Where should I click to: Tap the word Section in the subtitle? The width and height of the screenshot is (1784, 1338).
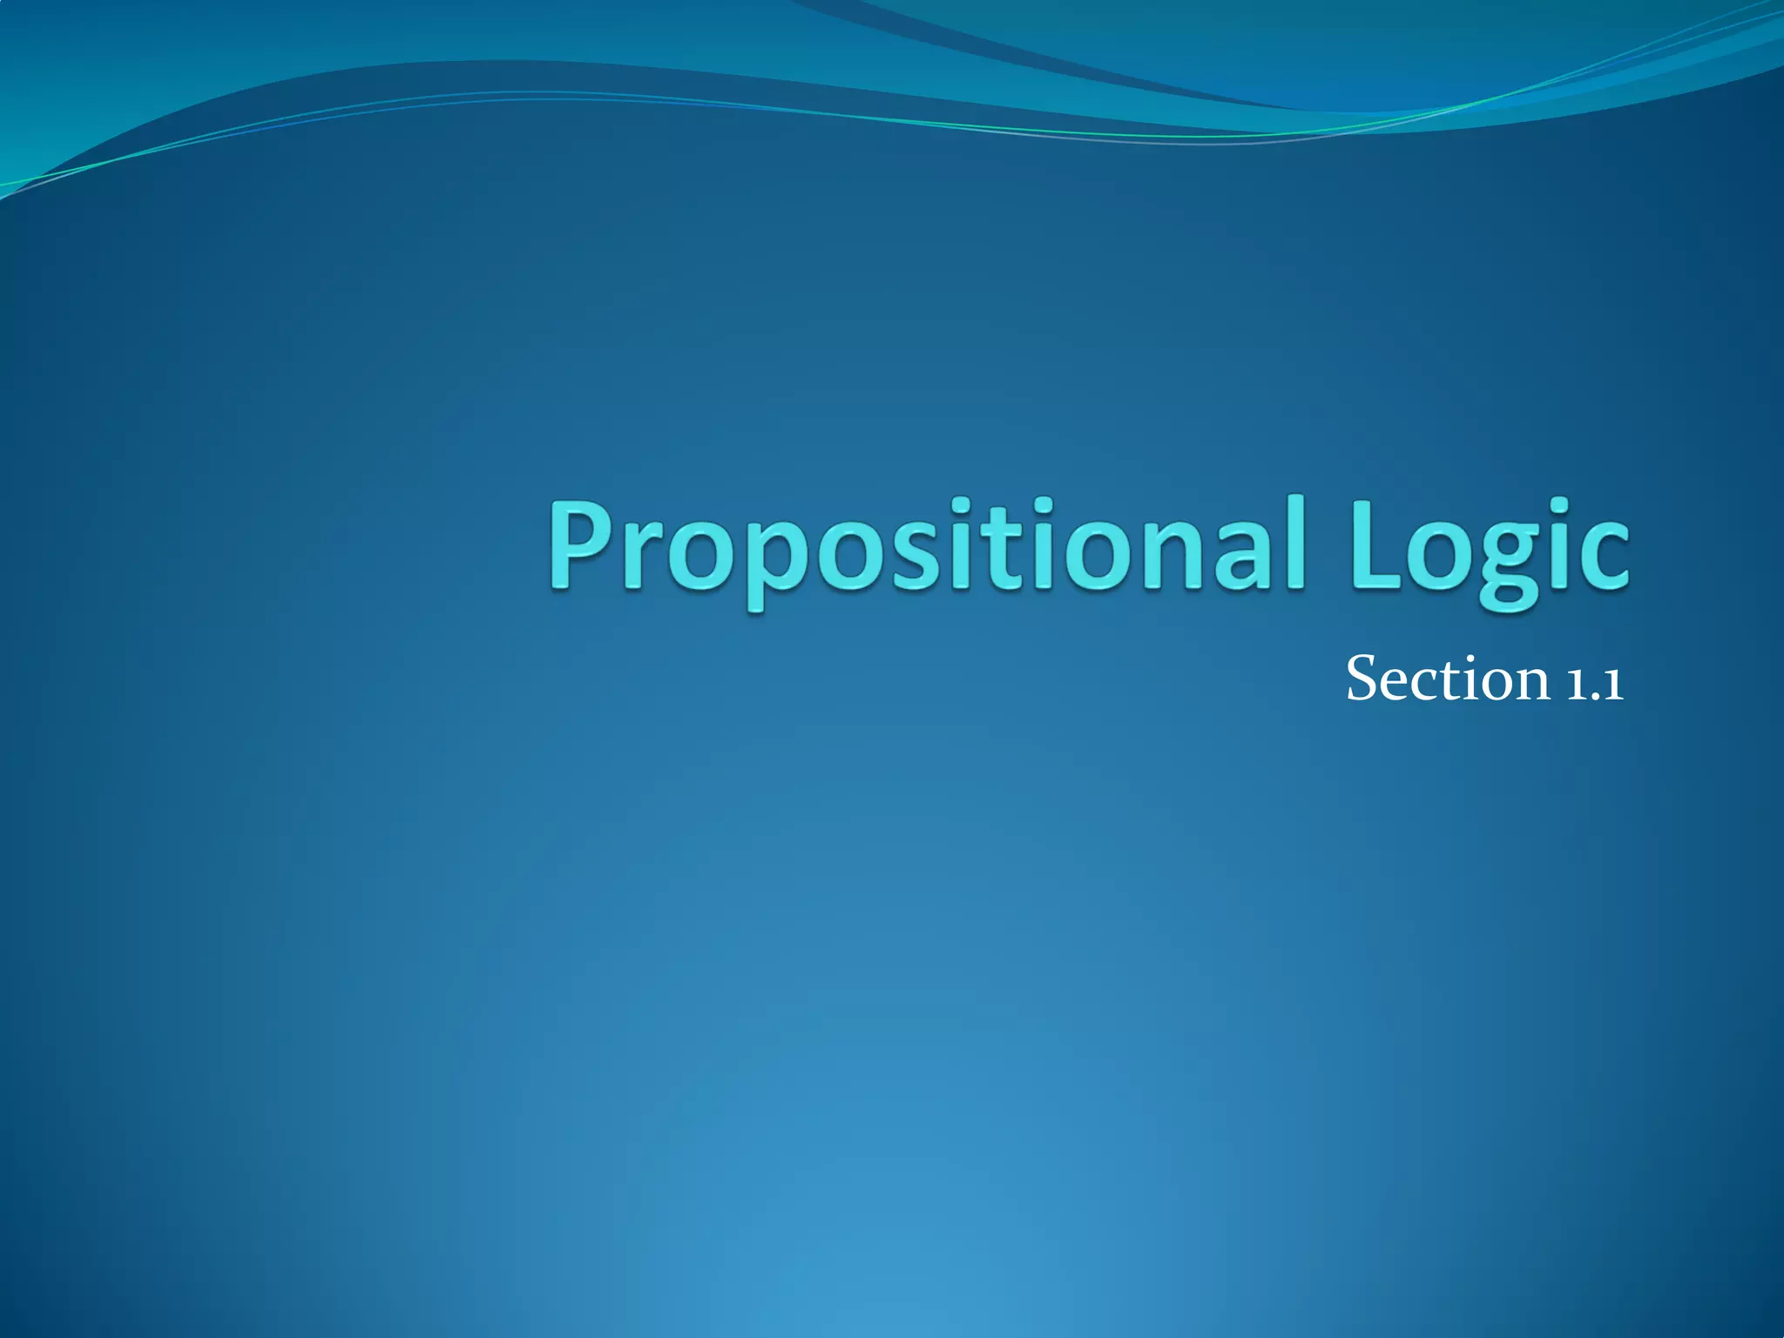coord(1447,679)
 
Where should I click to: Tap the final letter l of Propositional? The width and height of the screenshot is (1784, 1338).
coord(1294,540)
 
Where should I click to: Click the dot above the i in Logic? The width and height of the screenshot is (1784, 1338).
coord(1558,506)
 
